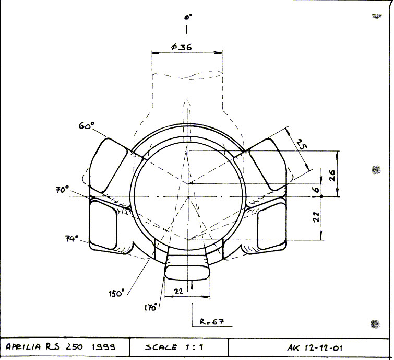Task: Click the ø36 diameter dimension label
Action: [182, 47]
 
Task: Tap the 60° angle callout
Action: [87, 125]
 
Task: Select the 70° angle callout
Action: [62, 190]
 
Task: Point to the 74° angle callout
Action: [72, 238]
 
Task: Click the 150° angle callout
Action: [116, 293]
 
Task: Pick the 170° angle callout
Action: [151, 307]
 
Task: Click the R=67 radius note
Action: [212, 321]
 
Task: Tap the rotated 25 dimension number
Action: [302, 144]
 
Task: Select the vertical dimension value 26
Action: [332, 176]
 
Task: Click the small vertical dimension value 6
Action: [317, 189]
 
